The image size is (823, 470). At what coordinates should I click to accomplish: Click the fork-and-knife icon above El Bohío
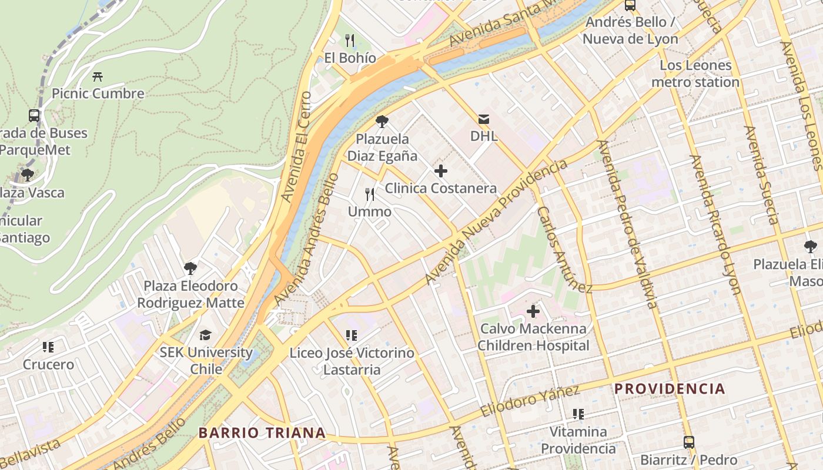(x=350, y=40)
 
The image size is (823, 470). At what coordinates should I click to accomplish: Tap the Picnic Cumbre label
(x=98, y=93)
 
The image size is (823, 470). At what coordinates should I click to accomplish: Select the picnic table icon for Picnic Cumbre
(x=98, y=76)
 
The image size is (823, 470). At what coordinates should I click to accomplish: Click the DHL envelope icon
(x=484, y=119)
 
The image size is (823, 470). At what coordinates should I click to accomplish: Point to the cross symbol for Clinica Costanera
(x=440, y=171)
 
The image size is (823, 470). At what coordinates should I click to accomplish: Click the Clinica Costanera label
(x=440, y=189)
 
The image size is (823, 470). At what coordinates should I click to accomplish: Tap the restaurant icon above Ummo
(x=370, y=194)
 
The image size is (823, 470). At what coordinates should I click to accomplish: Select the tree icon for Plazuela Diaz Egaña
(x=382, y=122)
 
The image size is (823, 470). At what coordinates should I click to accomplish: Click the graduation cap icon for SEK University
(x=205, y=335)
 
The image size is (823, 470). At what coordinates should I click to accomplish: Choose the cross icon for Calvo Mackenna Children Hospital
(x=533, y=311)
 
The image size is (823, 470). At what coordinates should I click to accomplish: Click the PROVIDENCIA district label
(x=670, y=389)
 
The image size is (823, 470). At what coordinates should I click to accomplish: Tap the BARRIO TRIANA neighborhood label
(x=262, y=433)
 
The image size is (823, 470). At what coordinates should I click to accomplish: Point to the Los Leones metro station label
(x=695, y=73)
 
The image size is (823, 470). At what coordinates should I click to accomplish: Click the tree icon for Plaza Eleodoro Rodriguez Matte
(x=190, y=268)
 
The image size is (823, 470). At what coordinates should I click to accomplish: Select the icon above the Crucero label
(x=48, y=347)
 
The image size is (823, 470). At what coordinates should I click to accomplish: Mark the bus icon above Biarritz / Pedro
(x=688, y=442)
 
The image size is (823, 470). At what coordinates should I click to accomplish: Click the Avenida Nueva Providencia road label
(x=497, y=221)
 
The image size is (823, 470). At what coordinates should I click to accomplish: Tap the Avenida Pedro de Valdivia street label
(x=627, y=223)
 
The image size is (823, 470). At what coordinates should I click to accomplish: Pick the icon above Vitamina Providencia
(x=578, y=414)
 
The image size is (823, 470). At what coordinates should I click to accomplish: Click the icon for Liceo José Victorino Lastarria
(x=352, y=335)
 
